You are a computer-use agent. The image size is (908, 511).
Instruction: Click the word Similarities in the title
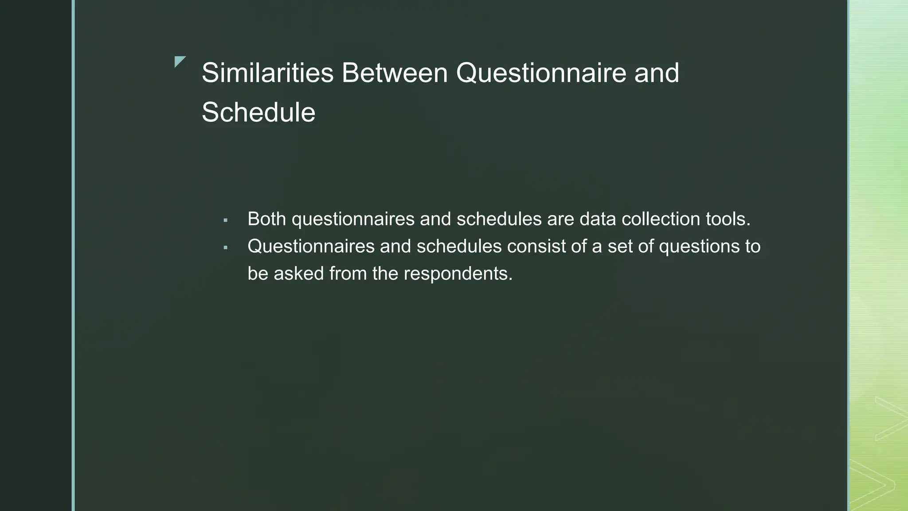click(267, 73)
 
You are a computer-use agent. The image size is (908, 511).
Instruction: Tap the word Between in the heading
click(395, 73)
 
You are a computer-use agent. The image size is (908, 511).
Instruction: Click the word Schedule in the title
click(258, 112)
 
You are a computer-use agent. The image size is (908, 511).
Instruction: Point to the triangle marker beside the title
click(179, 61)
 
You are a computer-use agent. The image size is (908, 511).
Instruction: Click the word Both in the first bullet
click(266, 219)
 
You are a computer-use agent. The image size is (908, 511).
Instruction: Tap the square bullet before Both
click(225, 220)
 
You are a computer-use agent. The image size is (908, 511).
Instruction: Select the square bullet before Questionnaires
click(225, 248)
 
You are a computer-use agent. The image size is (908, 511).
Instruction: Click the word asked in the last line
click(298, 274)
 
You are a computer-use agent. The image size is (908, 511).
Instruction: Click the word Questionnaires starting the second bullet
click(311, 246)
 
